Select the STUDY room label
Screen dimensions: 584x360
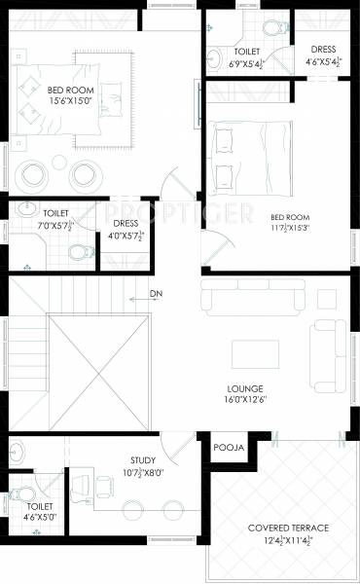143,460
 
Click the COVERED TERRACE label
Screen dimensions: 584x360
288,529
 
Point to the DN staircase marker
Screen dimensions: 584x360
156,293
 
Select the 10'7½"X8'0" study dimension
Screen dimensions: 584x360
143,473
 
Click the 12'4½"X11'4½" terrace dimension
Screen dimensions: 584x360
288,540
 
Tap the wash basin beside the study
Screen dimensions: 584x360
19,454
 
